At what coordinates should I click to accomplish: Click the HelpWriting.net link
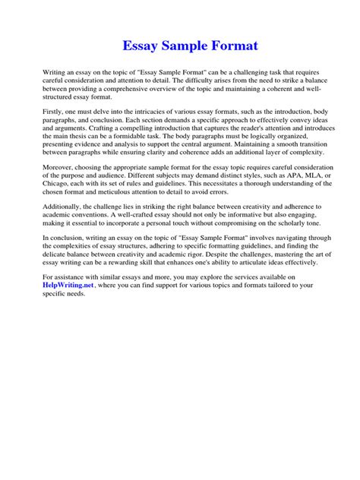[x=72, y=307]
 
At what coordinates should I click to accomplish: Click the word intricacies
[x=148, y=133]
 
